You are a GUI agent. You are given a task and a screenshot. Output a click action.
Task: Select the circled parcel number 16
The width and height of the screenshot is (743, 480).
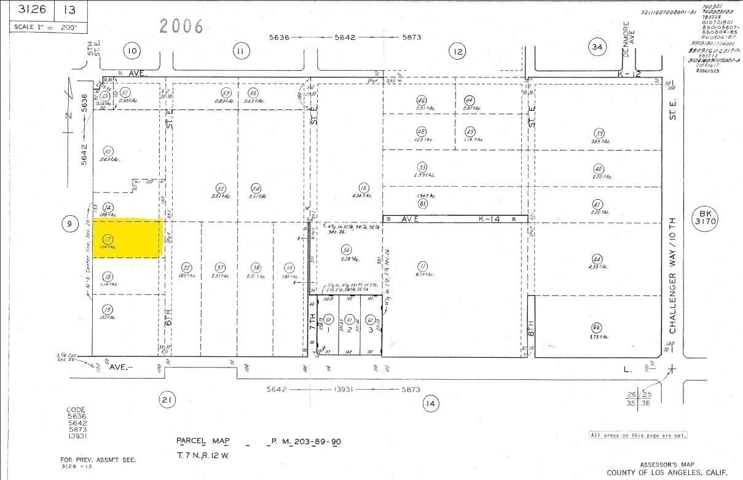coord(364,187)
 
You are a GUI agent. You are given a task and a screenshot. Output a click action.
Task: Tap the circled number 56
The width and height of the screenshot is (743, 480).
coord(347,250)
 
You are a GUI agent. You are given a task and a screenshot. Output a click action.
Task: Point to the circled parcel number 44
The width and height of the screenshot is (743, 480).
coord(596,258)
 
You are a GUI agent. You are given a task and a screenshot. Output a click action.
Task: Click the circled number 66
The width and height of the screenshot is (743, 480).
coord(596,327)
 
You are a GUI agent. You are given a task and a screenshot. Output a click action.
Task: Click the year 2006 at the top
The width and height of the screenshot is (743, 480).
coord(181,26)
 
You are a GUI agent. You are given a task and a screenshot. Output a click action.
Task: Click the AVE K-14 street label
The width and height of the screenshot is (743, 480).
coord(455,219)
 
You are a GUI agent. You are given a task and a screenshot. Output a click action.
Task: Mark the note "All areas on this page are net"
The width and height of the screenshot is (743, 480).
coord(637,435)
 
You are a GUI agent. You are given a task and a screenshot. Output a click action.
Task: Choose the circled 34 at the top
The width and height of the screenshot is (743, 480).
coord(596,47)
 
